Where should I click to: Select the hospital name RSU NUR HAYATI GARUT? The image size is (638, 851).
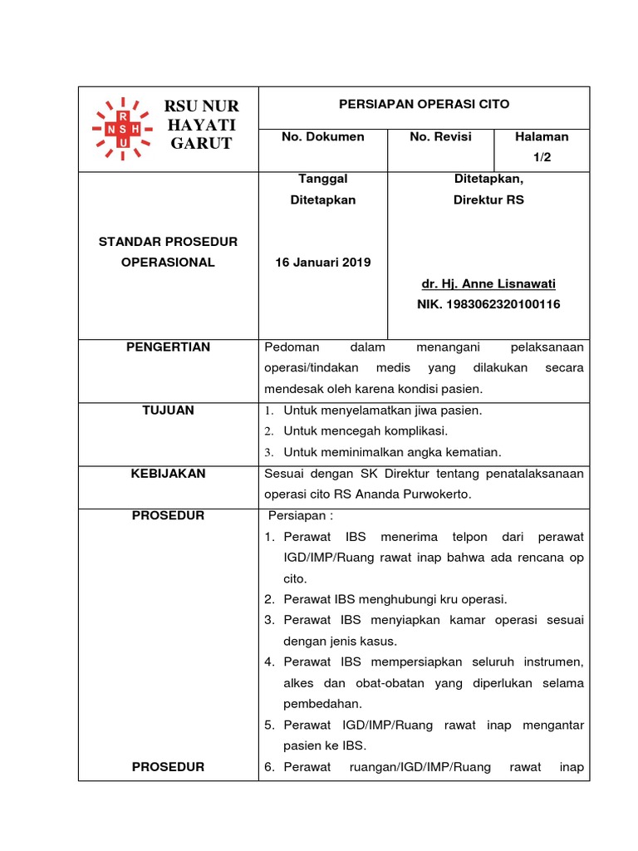[x=202, y=125]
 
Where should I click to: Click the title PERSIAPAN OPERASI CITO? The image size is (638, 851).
[x=424, y=105]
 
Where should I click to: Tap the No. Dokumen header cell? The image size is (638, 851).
[x=322, y=136]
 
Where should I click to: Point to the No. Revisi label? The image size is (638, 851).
[x=440, y=136]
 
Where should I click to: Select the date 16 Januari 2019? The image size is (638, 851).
[x=322, y=263]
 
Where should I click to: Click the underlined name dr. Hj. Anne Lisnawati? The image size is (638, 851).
[x=488, y=283]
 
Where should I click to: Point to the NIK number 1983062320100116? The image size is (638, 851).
[x=488, y=305]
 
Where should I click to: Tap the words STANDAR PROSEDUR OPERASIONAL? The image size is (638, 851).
[x=168, y=252]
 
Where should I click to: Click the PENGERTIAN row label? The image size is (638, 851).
[x=168, y=347]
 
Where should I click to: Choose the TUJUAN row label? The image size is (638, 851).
[x=168, y=411]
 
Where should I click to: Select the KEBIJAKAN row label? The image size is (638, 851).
[x=168, y=474]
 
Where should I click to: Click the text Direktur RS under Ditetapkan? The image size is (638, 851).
[x=488, y=200]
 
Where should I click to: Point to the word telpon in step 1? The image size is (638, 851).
[x=462, y=537]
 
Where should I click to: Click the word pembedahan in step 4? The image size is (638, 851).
[x=319, y=704]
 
